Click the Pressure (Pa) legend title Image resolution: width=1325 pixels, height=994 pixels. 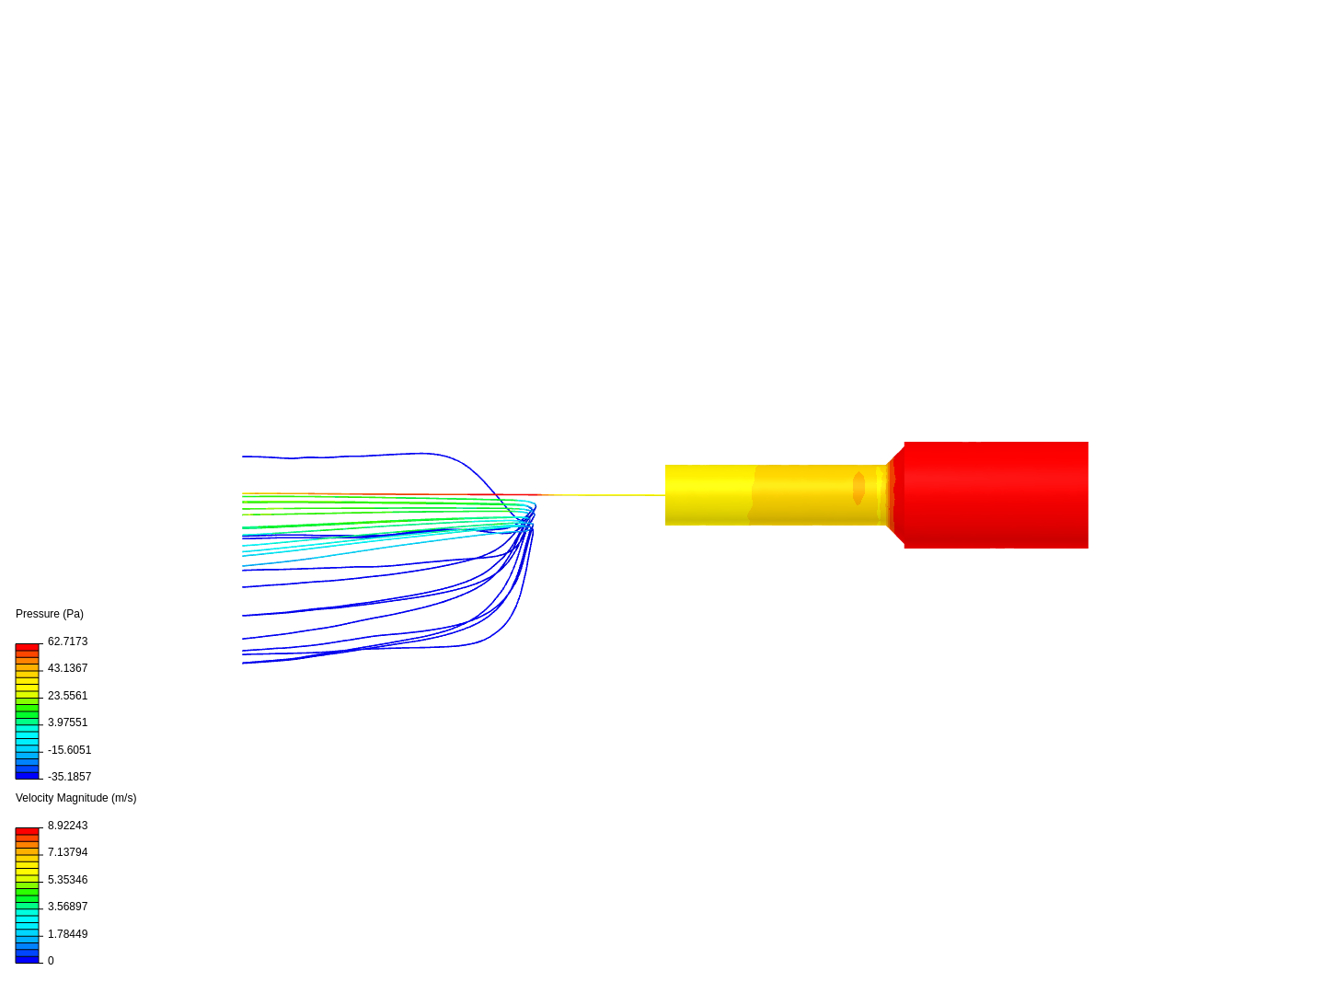(50, 614)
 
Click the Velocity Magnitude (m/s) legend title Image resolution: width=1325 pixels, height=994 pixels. (76, 798)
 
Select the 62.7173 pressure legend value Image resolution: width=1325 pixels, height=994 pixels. (67, 641)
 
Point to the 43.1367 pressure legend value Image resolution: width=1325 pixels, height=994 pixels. (67, 668)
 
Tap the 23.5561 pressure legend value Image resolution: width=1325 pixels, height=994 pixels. (67, 695)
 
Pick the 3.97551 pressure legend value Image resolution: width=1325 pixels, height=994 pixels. (67, 722)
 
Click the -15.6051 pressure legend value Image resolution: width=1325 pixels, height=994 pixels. (69, 749)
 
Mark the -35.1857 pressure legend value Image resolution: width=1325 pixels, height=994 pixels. (69, 777)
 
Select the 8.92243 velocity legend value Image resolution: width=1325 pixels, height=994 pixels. (67, 825)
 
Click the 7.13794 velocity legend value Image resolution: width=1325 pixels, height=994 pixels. (67, 852)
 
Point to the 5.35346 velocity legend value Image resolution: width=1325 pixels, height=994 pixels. (67, 879)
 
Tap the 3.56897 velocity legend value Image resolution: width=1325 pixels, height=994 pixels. (67, 907)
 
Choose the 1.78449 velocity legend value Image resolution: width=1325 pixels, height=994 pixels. (67, 933)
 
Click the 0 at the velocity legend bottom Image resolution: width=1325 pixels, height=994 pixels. (51, 961)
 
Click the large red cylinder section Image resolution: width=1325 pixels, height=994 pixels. (996, 495)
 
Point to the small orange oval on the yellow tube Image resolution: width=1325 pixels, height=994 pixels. (858, 488)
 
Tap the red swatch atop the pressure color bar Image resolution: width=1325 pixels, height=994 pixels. (28, 647)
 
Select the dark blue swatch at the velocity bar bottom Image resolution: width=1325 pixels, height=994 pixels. (28, 960)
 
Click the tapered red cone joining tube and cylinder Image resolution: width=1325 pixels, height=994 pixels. (895, 495)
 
